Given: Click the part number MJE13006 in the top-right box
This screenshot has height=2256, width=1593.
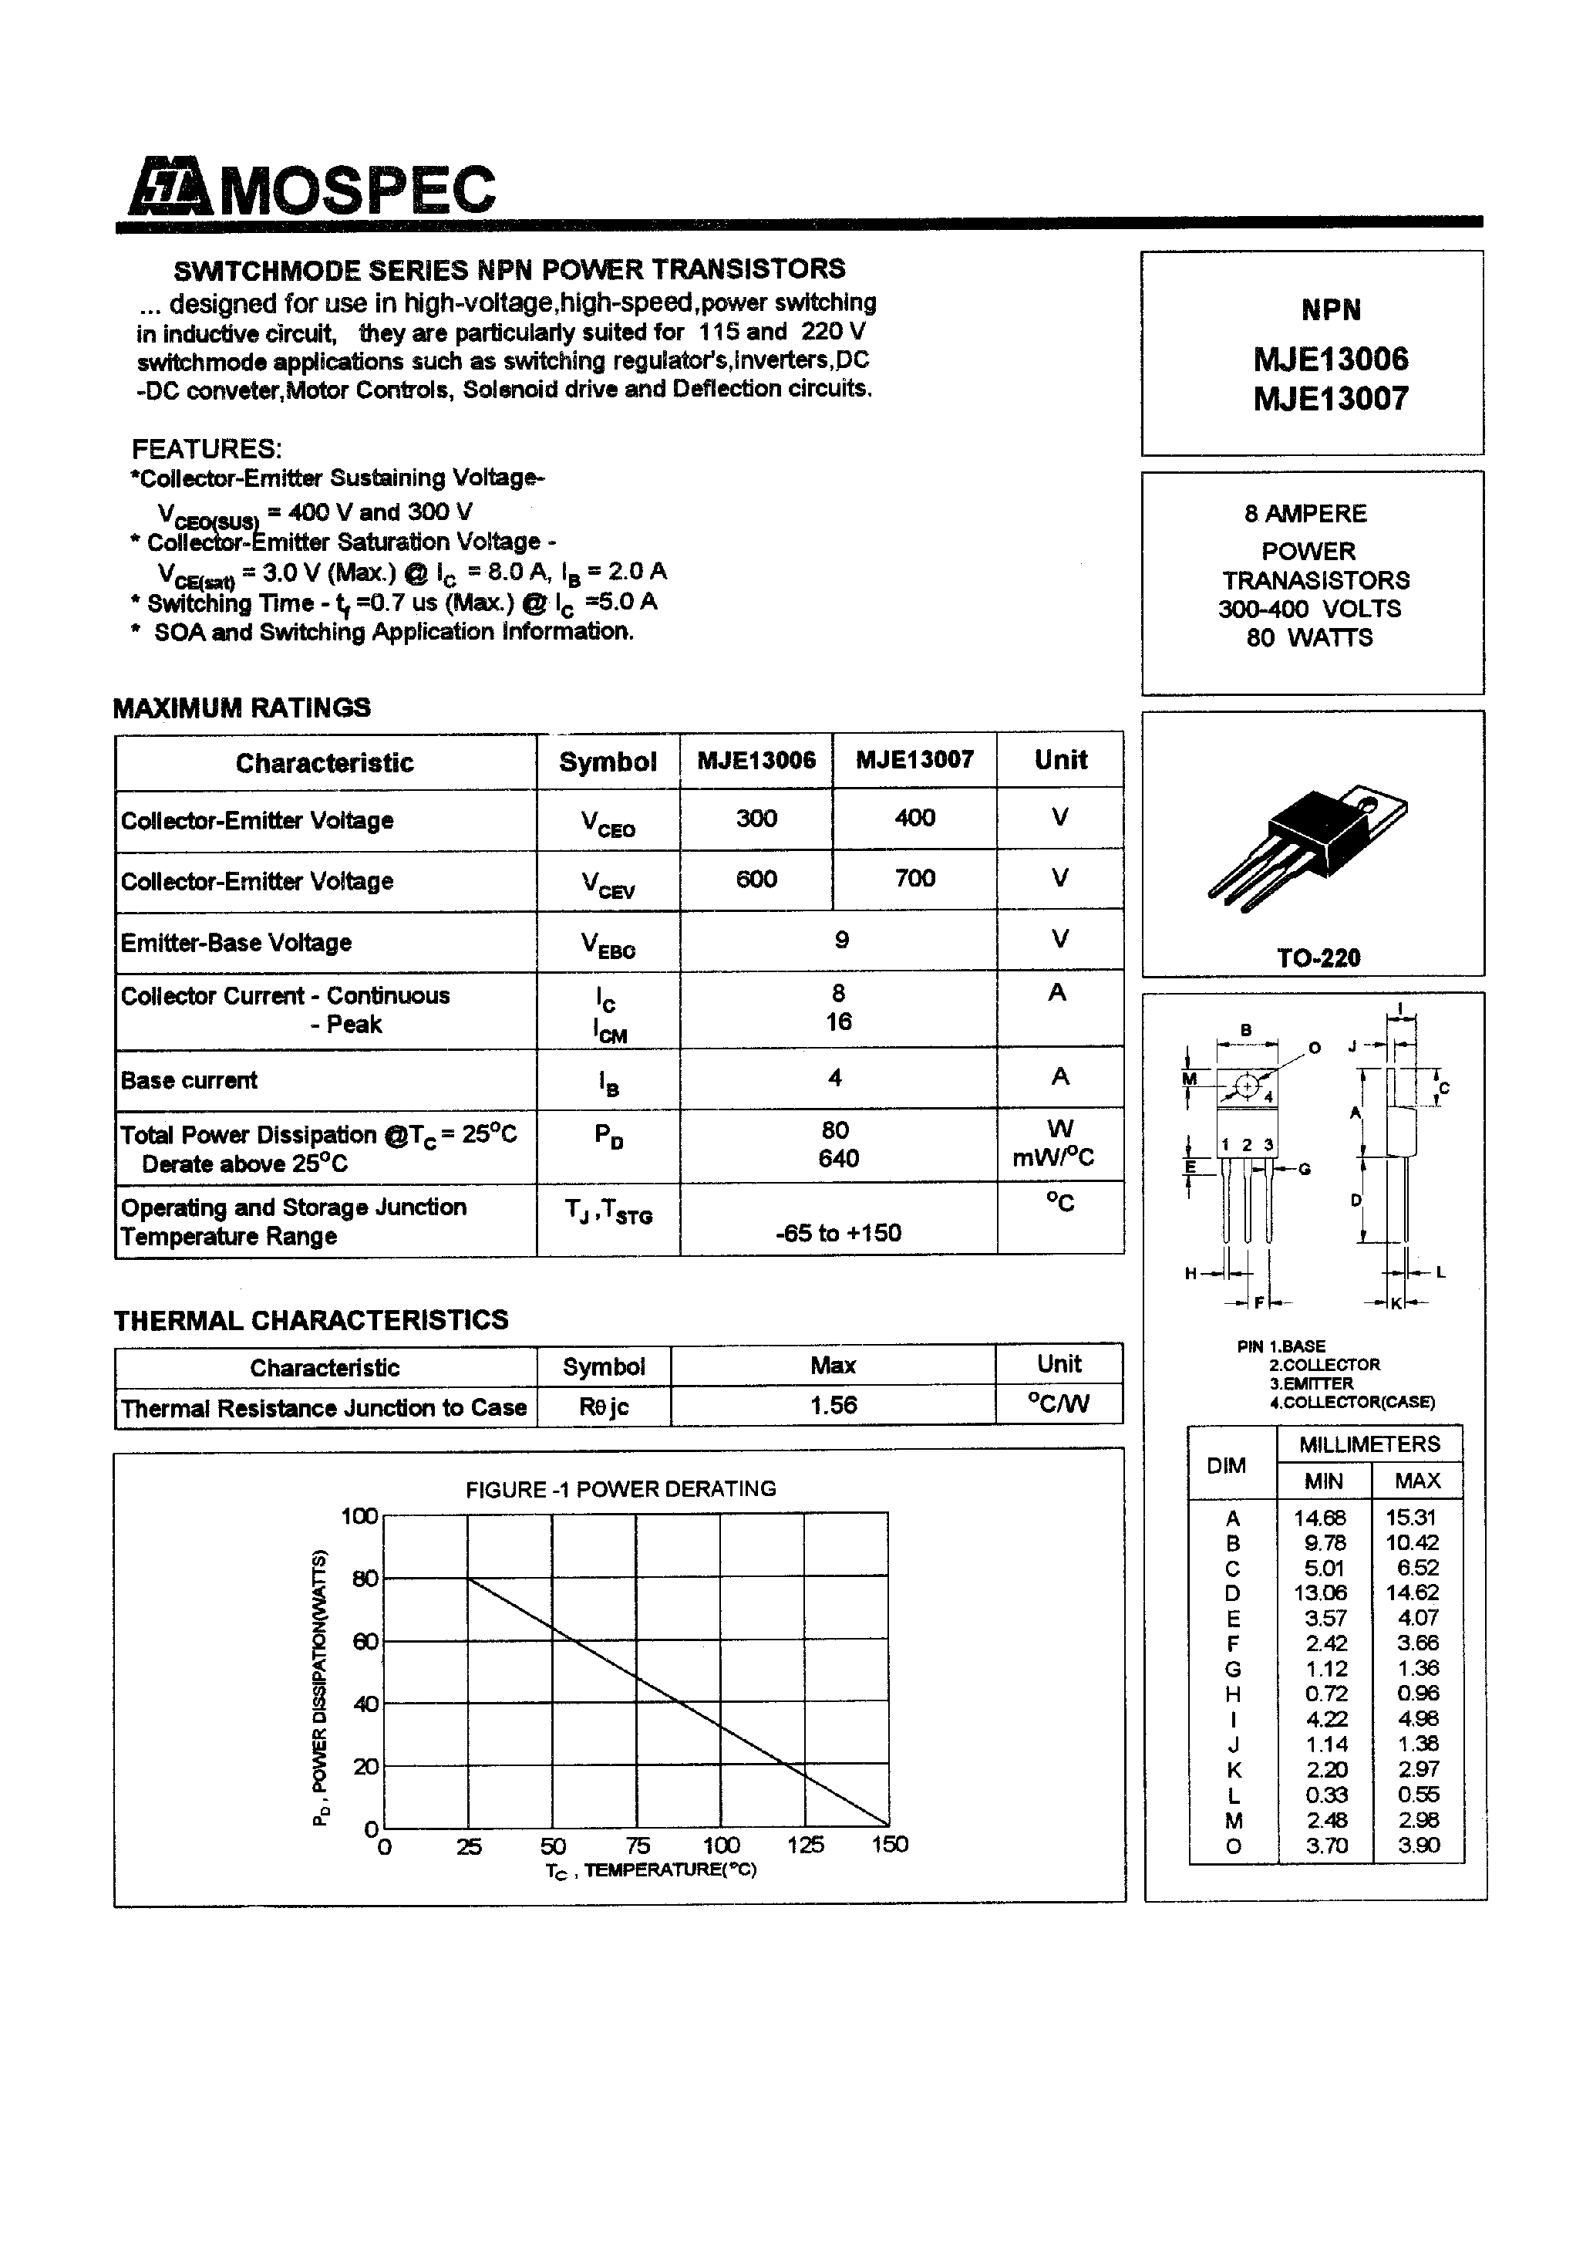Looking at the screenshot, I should [1330, 360].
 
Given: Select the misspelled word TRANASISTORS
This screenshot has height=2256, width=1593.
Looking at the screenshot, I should [1315, 581].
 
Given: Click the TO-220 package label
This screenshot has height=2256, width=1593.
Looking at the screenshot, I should [1318, 958].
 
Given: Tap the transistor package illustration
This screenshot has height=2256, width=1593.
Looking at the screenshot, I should [1306, 846].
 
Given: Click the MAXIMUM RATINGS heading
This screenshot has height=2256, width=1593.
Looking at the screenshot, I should [241, 708].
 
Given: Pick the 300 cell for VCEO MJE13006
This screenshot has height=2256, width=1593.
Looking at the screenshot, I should [756, 819].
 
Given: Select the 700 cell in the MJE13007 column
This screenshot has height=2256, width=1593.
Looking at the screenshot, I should [914, 879].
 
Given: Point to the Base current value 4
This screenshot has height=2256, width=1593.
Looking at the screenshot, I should [835, 1078].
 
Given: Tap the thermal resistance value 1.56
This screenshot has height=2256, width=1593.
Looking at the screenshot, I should [833, 1406].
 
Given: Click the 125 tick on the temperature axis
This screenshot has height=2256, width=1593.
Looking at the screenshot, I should [804, 1846].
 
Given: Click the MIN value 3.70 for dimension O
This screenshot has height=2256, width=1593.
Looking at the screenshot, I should [1326, 1846].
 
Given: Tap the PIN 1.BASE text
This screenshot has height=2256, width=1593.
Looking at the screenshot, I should [1281, 1346].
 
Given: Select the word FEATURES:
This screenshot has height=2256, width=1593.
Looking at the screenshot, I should [206, 450].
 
